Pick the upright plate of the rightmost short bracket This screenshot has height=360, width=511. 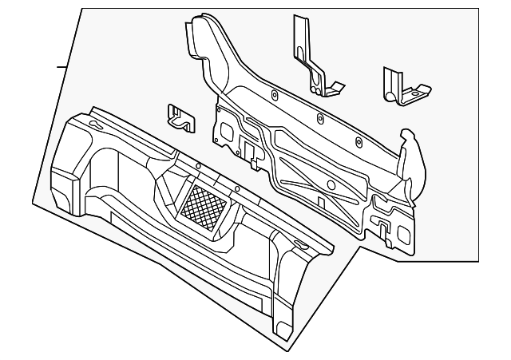392,83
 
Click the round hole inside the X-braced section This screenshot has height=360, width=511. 329,185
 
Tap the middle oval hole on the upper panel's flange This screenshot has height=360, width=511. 319,119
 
